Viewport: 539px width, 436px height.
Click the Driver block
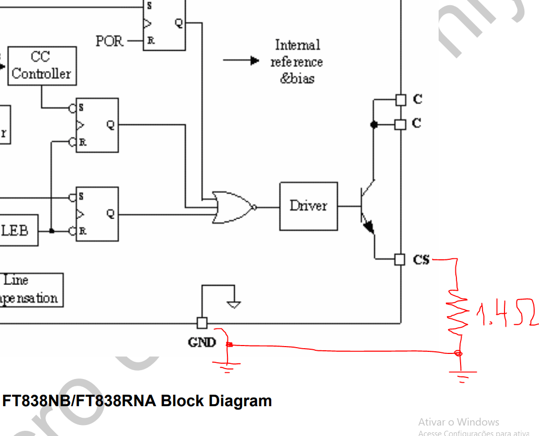click(308, 206)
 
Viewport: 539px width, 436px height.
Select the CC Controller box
click(42, 66)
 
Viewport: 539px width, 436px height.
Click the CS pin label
click(421, 259)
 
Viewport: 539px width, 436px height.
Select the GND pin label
click(202, 342)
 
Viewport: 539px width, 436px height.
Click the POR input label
click(109, 41)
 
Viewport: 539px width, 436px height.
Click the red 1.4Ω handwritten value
click(504, 314)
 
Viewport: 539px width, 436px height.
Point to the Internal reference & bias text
click(296, 62)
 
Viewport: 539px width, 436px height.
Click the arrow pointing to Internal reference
click(241, 61)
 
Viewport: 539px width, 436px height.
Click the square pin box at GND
click(202, 323)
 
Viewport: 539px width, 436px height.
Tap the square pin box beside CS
click(400, 259)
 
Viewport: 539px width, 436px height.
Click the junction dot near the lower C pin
click(373, 124)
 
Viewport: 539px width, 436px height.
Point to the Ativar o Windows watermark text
click(458, 422)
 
